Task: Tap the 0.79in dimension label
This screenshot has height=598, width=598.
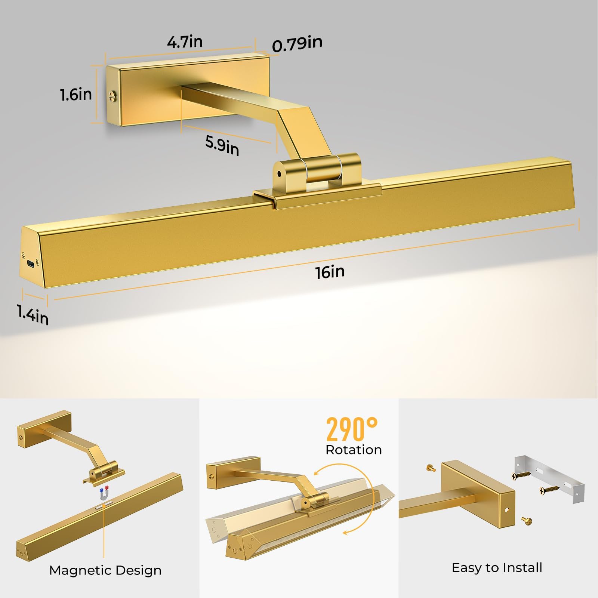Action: [297, 44]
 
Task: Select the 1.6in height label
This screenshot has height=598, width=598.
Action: [76, 95]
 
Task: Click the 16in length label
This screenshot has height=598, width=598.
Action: [330, 272]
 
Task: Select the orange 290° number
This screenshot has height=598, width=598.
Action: [352, 429]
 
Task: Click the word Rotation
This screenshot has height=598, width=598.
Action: [354, 450]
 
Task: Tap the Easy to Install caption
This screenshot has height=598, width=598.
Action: [497, 567]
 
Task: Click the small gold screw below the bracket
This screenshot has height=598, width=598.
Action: [527, 520]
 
